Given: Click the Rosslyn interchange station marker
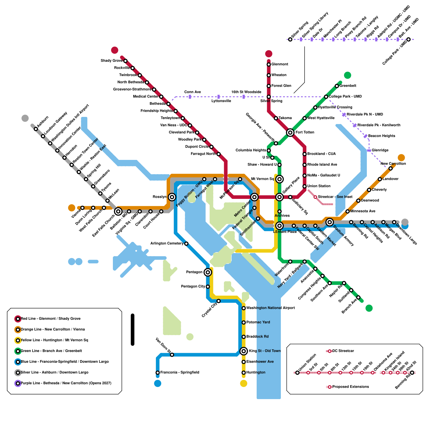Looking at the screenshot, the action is click(172, 197).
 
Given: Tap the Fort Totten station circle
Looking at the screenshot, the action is click(290, 132).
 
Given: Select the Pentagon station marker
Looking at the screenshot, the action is click(207, 272).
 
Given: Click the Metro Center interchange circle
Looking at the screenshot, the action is click(254, 197).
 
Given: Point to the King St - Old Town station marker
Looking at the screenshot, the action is click(243, 351).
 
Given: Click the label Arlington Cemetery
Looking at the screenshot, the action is click(167, 243).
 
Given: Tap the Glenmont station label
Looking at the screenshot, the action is click(279, 64).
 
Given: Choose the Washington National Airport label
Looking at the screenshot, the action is click(270, 308).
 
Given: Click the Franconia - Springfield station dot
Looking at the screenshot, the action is click(158, 372).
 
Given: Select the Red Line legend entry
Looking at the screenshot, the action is click(51, 319).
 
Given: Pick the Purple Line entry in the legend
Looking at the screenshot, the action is click(66, 383).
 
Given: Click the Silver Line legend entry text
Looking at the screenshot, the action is click(55, 372).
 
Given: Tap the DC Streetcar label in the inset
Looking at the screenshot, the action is click(343, 351).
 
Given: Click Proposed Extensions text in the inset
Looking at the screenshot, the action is click(350, 387).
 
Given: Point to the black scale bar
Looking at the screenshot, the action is click(132, 329).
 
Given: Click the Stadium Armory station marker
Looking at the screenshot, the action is click(329, 222).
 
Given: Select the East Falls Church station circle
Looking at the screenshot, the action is click(118, 212).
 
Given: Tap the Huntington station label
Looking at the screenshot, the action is click(256, 372).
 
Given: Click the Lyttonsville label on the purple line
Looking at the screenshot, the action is click(221, 101).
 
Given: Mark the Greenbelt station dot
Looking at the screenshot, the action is click(337, 86).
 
